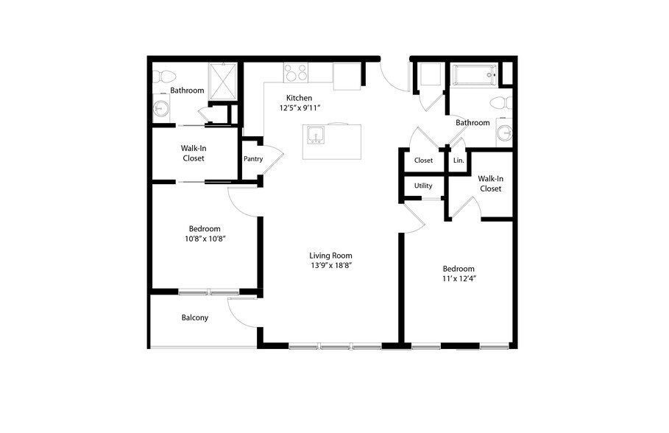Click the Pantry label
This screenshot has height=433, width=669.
252,158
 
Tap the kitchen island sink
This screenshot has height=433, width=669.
316,137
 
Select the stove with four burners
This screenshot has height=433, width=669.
296,73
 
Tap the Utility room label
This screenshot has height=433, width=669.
423,186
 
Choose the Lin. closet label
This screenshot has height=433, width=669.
458,160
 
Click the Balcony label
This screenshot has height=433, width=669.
194,318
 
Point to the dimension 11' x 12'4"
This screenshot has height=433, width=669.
458,279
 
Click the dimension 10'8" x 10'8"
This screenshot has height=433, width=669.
204,239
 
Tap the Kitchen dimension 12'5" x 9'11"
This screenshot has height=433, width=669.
300,108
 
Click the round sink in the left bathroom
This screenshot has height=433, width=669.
160,110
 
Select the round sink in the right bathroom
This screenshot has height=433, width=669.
505,133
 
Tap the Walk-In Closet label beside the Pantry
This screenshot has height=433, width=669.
193,153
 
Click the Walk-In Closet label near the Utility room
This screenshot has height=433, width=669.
489,183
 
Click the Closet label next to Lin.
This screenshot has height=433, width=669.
423,160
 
